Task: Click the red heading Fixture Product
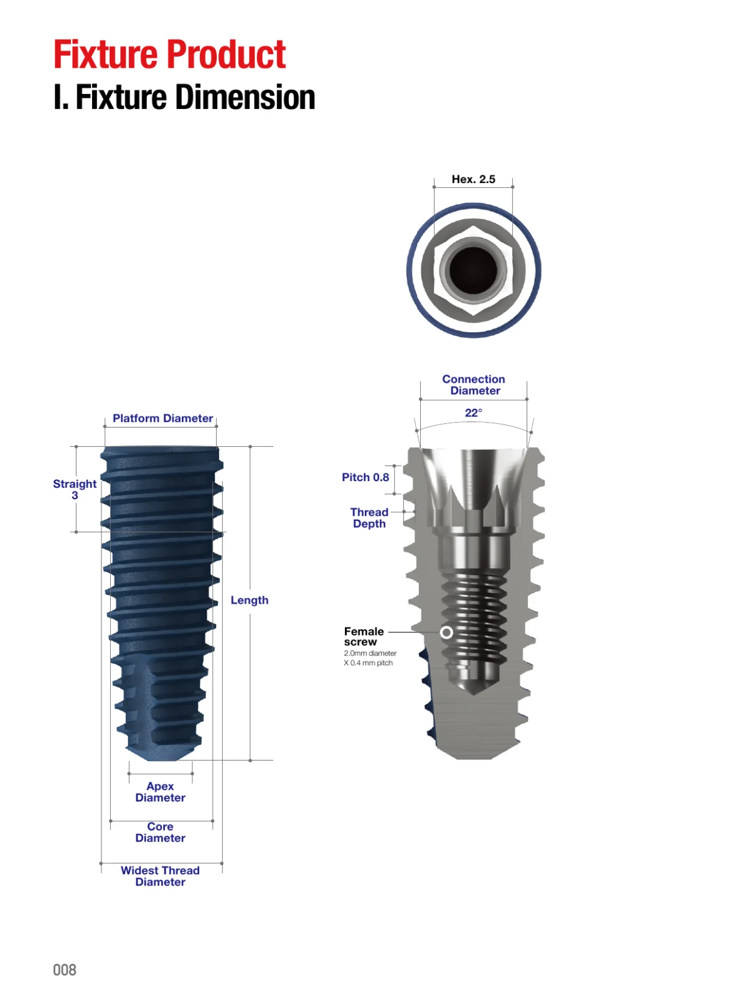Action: coord(169,54)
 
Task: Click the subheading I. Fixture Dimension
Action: coord(184,97)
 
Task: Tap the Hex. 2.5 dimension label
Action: coord(473,179)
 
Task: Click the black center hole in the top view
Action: coord(473,270)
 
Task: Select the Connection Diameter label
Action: coord(474,385)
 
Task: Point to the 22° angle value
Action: coord(474,413)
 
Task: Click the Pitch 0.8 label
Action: coord(365,477)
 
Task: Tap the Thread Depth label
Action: coord(369,518)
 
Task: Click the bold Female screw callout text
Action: coord(364,636)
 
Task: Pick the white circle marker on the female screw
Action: coord(446,632)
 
